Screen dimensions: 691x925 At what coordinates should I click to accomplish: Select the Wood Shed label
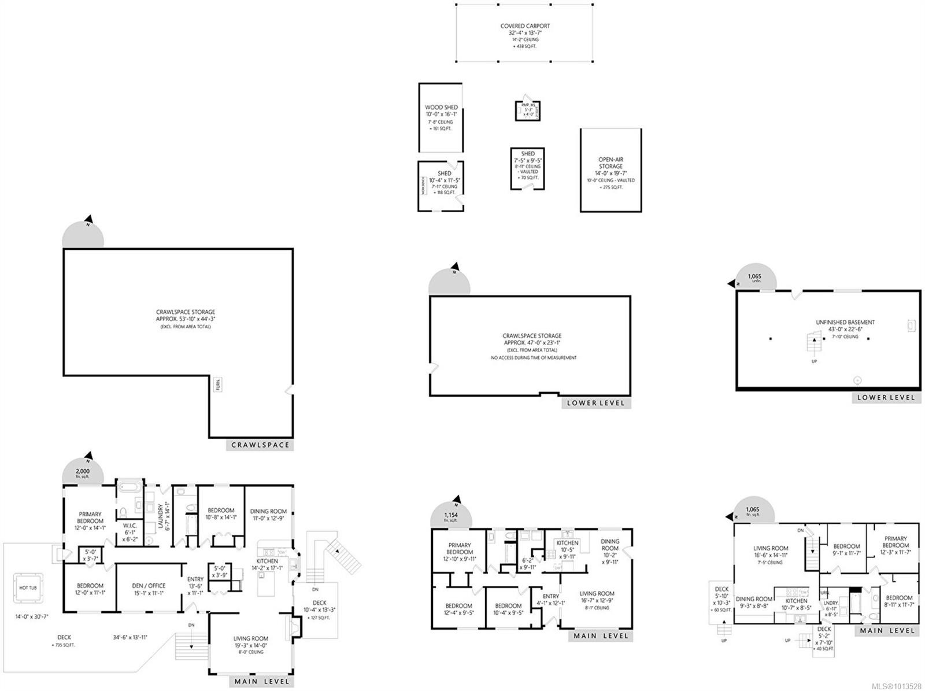tap(441, 111)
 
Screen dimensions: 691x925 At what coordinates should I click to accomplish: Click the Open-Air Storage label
tap(610, 164)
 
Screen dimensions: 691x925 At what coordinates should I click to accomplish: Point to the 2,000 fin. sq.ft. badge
tap(83, 472)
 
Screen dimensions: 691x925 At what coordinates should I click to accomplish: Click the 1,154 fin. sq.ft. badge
tap(451, 517)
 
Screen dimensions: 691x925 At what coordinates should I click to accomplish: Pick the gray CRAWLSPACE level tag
tap(260, 445)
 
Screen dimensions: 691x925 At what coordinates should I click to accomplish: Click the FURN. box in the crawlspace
tap(219, 385)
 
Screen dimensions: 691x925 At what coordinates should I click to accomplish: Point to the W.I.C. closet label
tap(129, 529)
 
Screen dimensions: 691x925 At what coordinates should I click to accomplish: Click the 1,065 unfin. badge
tap(754, 278)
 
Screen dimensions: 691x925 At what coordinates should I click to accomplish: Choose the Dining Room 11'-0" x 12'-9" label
tap(268, 515)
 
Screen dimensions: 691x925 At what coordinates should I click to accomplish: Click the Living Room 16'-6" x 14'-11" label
tap(770, 551)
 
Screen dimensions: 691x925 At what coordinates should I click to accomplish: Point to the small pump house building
tap(527, 110)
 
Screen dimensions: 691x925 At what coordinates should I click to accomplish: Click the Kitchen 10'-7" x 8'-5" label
tap(796, 604)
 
